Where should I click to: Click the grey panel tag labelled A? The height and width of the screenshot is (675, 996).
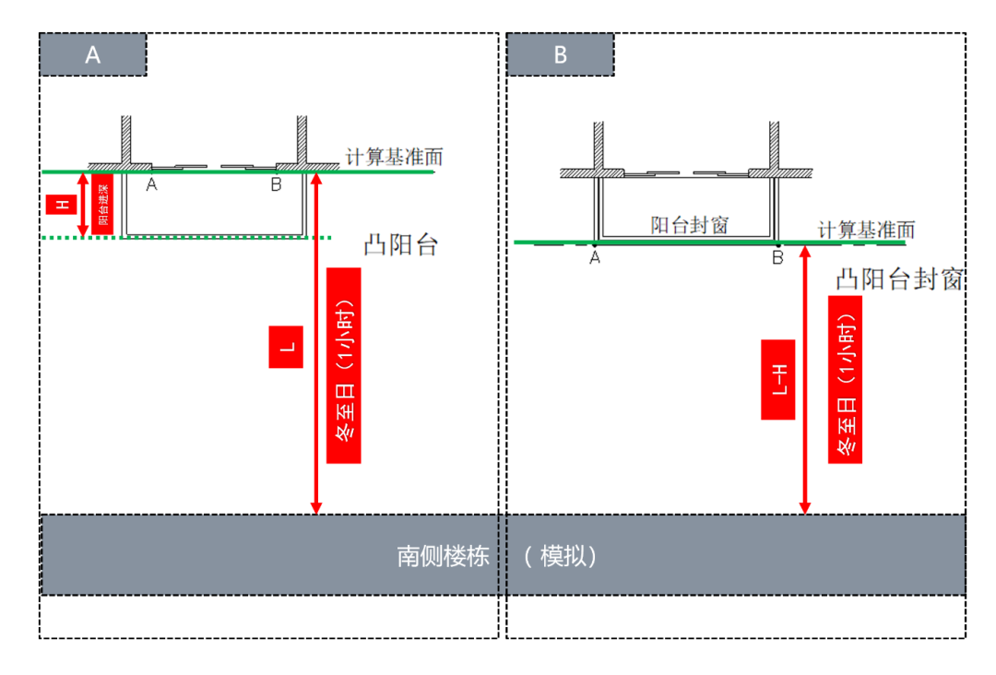tap(93, 55)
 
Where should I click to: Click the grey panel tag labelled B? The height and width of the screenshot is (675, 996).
tap(560, 55)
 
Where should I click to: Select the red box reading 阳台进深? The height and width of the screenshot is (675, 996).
tap(101, 204)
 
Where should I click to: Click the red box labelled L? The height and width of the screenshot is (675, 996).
tap(286, 347)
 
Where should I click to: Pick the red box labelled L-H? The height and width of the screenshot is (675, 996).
tap(778, 380)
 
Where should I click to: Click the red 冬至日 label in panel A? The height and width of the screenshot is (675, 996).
tap(344, 365)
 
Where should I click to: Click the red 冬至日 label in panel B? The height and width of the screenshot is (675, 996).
tap(845, 380)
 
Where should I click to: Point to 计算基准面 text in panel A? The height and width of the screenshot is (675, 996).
tap(387, 157)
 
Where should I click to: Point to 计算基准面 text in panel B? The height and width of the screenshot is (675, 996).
tap(866, 229)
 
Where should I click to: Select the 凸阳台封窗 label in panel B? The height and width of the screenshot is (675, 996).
tap(900, 279)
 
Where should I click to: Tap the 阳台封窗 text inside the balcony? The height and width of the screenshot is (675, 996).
tap(690, 224)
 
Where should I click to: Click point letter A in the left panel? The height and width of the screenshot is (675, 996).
tap(151, 185)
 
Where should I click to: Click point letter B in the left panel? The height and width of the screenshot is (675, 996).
tap(276, 185)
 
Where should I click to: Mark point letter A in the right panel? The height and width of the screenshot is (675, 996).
tap(595, 258)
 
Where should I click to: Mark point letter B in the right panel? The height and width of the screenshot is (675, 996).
tap(777, 258)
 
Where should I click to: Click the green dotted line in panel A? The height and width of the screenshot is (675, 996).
tap(184, 238)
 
